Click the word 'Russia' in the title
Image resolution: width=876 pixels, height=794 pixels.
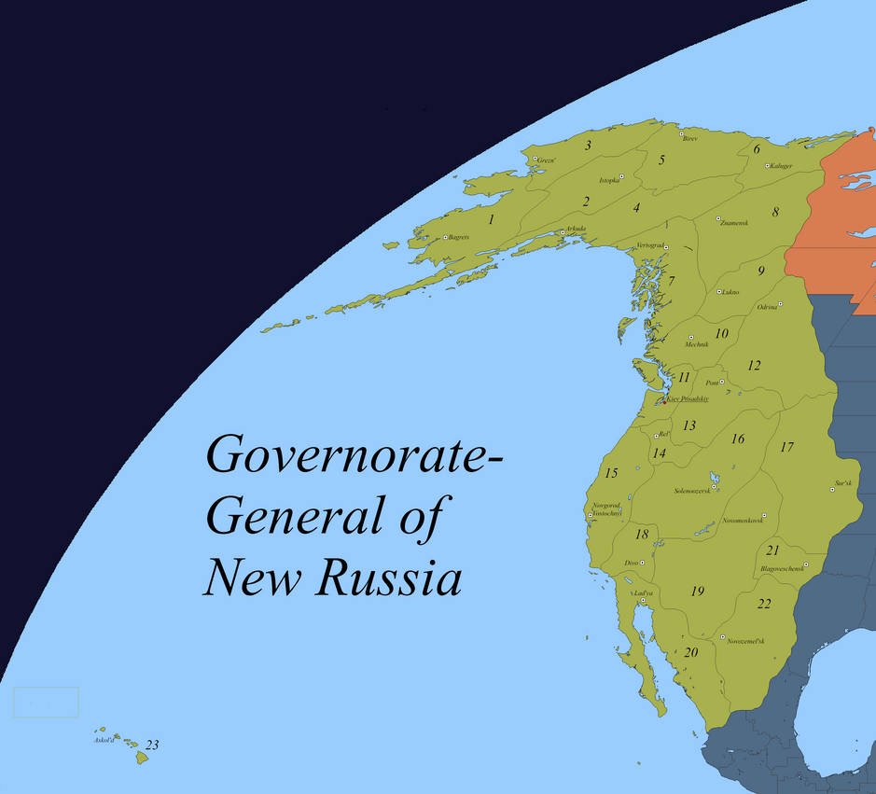[390, 578]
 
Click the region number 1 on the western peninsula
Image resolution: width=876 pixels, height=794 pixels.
[491, 220]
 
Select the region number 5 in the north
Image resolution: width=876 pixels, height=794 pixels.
[661, 160]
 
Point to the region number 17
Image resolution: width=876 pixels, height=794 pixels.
[786, 447]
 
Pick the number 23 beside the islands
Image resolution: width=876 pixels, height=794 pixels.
[152, 745]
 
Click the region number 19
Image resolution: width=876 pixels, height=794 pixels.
[697, 591]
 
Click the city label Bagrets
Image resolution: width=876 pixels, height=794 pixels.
[459, 238]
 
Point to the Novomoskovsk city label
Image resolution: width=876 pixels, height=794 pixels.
[743, 521]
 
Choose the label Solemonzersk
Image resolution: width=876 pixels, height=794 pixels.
[692, 491]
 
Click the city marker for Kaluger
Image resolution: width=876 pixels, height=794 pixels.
[767, 166]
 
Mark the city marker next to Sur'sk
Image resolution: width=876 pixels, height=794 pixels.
[832, 489]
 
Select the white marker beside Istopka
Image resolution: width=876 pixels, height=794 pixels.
[620, 177]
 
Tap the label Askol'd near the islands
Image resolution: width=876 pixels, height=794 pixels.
[104, 740]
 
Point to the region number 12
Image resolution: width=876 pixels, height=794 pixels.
[754, 366]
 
